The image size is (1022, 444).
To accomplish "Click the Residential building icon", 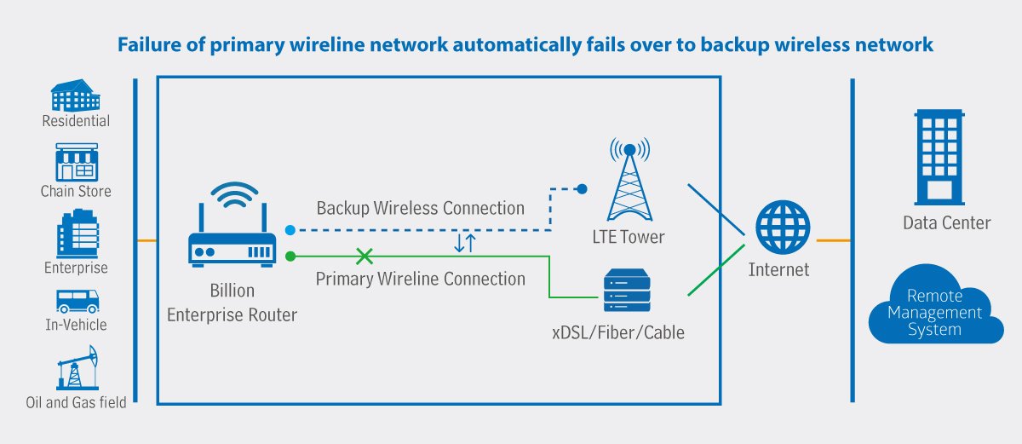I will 76,95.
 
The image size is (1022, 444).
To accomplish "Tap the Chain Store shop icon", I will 76,162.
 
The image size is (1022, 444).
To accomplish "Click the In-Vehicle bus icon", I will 77,301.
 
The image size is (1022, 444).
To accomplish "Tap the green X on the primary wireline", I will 365,256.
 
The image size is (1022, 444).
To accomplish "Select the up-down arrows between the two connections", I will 465,243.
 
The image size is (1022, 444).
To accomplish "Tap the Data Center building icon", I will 939,155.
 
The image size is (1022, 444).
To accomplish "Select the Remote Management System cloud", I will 934,313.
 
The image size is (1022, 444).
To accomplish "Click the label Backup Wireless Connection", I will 421,208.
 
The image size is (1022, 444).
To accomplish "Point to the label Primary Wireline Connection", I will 421,279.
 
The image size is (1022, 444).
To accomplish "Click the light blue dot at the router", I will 290,230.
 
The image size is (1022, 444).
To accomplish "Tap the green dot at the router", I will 290,256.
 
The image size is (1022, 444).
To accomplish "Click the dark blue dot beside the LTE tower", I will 583,188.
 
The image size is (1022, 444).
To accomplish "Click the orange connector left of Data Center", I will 832,241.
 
